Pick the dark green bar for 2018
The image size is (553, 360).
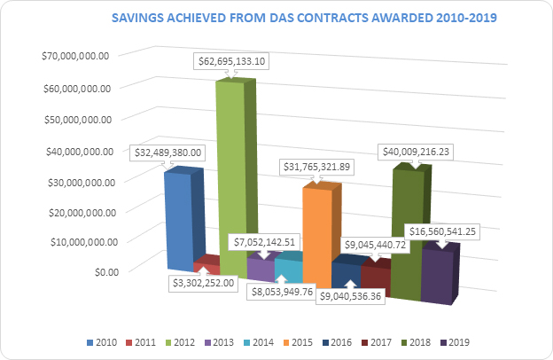coord(408,231)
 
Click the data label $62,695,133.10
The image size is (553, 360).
coord(235,62)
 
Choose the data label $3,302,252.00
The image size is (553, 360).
coord(204,283)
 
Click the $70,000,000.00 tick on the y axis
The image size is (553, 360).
coord(75,55)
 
